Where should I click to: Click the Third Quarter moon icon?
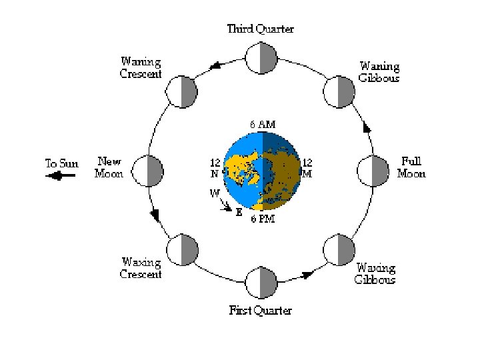click(x=261, y=59)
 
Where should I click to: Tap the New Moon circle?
click(x=148, y=171)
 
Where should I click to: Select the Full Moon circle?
click(x=373, y=171)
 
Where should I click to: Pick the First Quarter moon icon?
click(x=261, y=283)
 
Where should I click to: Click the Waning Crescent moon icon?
click(x=181, y=91)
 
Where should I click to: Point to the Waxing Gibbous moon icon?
click(x=339, y=249)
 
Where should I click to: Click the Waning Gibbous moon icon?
click(x=339, y=91)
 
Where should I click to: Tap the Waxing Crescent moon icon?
click(x=181, y=249)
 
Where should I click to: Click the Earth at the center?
click(x=261, y=171)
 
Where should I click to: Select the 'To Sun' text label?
click(x=61, y=163)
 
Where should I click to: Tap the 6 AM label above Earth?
click(x=262, y=125)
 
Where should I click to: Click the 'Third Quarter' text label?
click(x=261, y=29)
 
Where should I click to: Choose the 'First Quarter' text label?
click(x=261, y=310)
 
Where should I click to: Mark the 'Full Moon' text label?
click(x=411, y=167)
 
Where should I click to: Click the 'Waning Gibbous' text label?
click(x=379, y=72)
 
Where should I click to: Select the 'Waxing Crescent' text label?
click(x=141, y=268)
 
